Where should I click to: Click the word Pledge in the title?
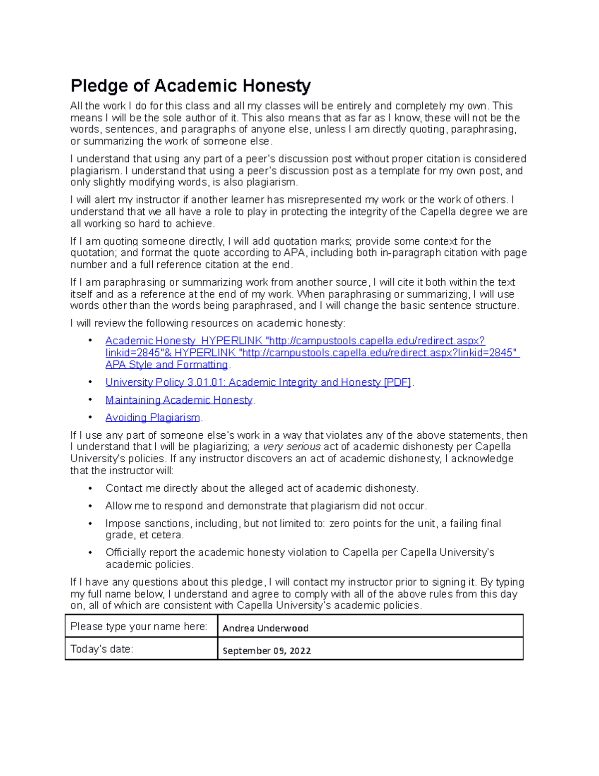pyautogui.click(x=99, y=86)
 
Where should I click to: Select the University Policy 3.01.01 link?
pyautogui.click(x=258, y=382)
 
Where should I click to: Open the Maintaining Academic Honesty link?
pyautogui.click(x=179, y=400)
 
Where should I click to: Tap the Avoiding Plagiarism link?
pyautogui.click(x=152, y=417)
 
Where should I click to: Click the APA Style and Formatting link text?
pyautogui.click(x=166, y=365)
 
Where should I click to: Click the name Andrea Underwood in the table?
pyautogui.click(x=265, y=628)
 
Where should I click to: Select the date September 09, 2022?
pyautogui.click(x=267, y=651)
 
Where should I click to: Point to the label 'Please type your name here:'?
pyautogui.click(x=139, y=627)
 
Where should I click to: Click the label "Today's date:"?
pyautogui.click(x=102, y=649)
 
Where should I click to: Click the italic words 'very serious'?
pyautogui.click(x=292, y=447)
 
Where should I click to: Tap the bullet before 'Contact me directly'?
pyautogui.click(x=90, y=488)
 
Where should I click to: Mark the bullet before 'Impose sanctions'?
pyautogui.click(x=90, y=524)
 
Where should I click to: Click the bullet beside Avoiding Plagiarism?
pyautogui.click(x=90, y=417)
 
